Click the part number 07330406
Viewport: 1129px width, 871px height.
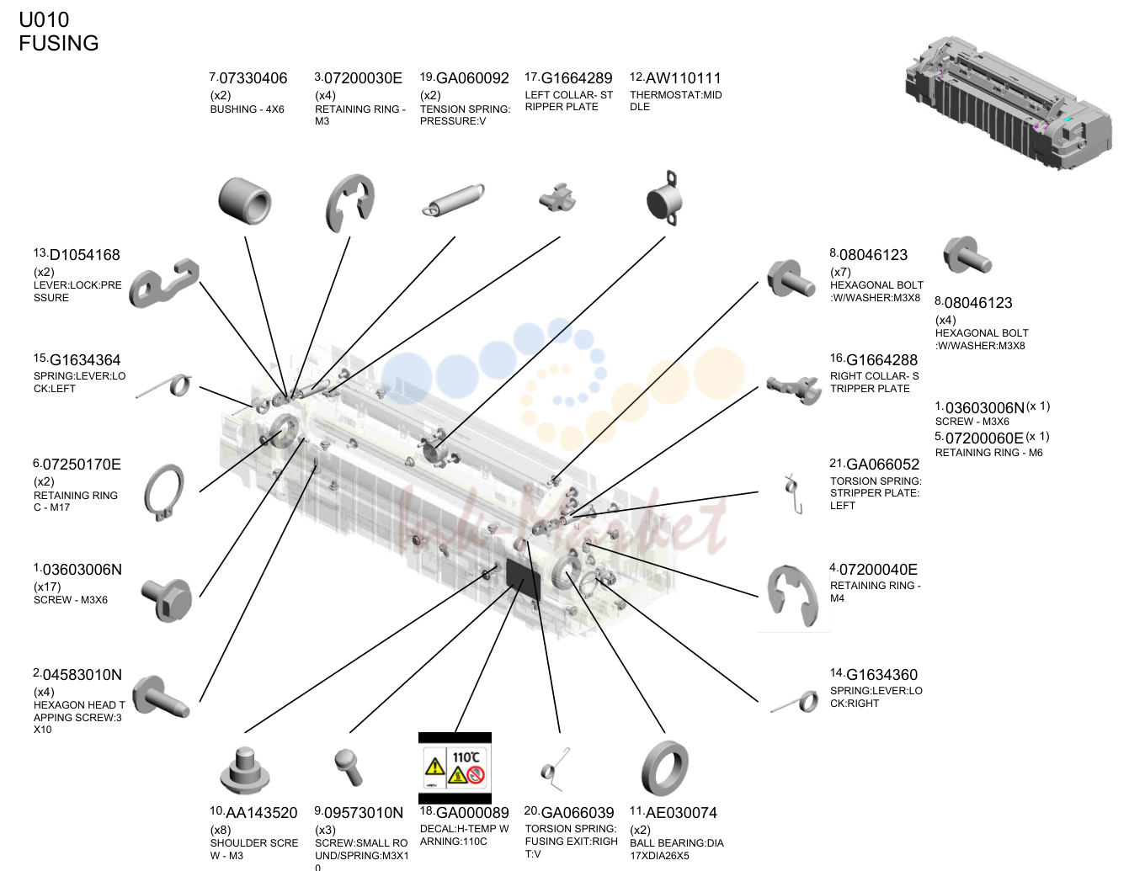point(253,78)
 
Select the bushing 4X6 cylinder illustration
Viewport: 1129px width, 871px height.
point(245,201)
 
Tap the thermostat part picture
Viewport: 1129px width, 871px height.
point(663,199)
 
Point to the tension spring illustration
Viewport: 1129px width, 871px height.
point(453,199)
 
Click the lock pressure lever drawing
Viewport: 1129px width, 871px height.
point(163,282)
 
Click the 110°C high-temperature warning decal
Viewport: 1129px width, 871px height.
point(455,768)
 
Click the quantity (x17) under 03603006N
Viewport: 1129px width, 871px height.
point(47,587)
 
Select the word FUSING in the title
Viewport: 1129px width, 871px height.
point(59,43)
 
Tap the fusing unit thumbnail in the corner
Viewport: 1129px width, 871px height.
point(1008,102)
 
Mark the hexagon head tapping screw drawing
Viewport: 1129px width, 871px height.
point(160,697)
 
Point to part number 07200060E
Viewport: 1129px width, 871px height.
point(984,438)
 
